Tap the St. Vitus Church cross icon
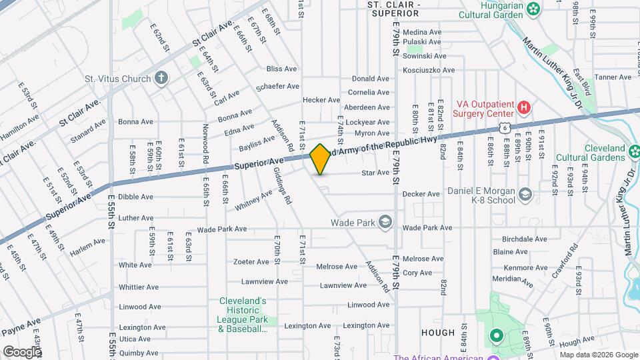(160, 79)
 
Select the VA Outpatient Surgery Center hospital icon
(524, 107)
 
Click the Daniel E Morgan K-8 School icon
(525, 195)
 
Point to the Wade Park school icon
(385, 223)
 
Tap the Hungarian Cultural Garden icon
(533, 9)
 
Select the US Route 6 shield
(507, 127)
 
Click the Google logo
(21, 351)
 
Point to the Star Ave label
(375, 173)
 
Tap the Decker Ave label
(421, 194)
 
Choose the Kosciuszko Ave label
(429, 70)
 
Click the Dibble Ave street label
(136, 197)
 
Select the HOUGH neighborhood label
(438, 332)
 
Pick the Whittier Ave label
(139, 287)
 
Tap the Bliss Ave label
(281, 69)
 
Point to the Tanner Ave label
(613, 77)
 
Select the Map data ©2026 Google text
(597, 354)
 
